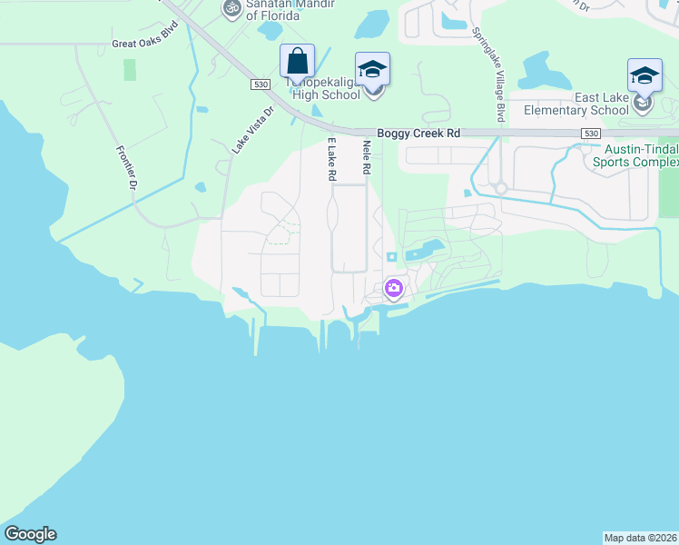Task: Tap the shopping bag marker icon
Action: click(x=297, y=62)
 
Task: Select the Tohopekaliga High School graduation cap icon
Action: click(x=372, y=70)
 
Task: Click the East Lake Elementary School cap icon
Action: click(x=645, y=75)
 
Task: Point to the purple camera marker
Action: click(x=393, y=290)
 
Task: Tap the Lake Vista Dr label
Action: click(x=251, y=131)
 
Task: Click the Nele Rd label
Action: click(x=368, y=159)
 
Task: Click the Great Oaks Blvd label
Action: click(x=142, y=43)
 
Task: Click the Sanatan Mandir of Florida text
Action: click(x=278, y=9)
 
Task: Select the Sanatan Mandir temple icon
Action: click(x=231, y=8)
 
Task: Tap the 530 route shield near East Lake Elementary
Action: click(x=591, y=134)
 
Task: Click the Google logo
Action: click(x=30, y=534)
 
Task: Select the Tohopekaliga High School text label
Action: click(x=323, y=88)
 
